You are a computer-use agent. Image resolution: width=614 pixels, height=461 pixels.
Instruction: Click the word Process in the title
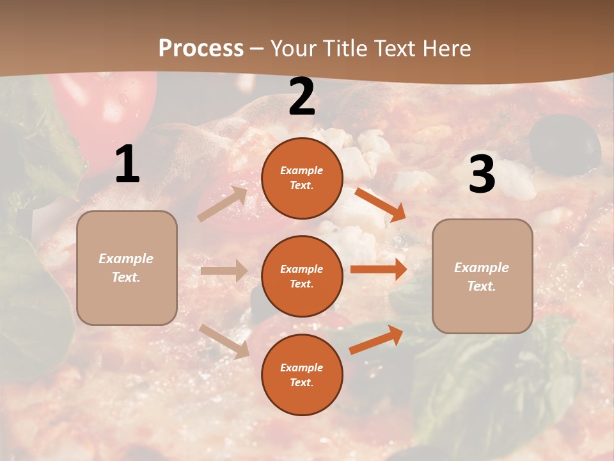(x=201, y=48)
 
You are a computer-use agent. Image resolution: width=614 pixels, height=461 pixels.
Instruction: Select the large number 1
(x=127, y=165)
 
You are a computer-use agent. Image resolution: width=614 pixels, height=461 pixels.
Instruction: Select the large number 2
(x=302, y=97)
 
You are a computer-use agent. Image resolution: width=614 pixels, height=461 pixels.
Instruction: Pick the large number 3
(x=482, y=175)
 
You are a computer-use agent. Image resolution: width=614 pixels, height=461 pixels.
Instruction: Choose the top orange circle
(x=302, y=178)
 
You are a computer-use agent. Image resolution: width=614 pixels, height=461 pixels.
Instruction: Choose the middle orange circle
(x=302, y=276)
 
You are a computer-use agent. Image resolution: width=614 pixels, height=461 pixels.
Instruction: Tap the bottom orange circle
(x=302, y=375)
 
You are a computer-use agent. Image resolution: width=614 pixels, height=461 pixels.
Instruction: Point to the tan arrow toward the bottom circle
(x=224, y=341)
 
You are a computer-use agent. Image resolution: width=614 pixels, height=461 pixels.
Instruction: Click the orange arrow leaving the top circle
(x=380, y=205)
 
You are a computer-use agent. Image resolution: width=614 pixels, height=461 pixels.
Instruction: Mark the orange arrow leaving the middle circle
(x=379, y=269)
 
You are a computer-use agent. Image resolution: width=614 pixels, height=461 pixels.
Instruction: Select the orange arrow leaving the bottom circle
(x=376, y=340)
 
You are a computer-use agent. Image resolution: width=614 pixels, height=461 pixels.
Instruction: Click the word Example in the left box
(x=126, y=259)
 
